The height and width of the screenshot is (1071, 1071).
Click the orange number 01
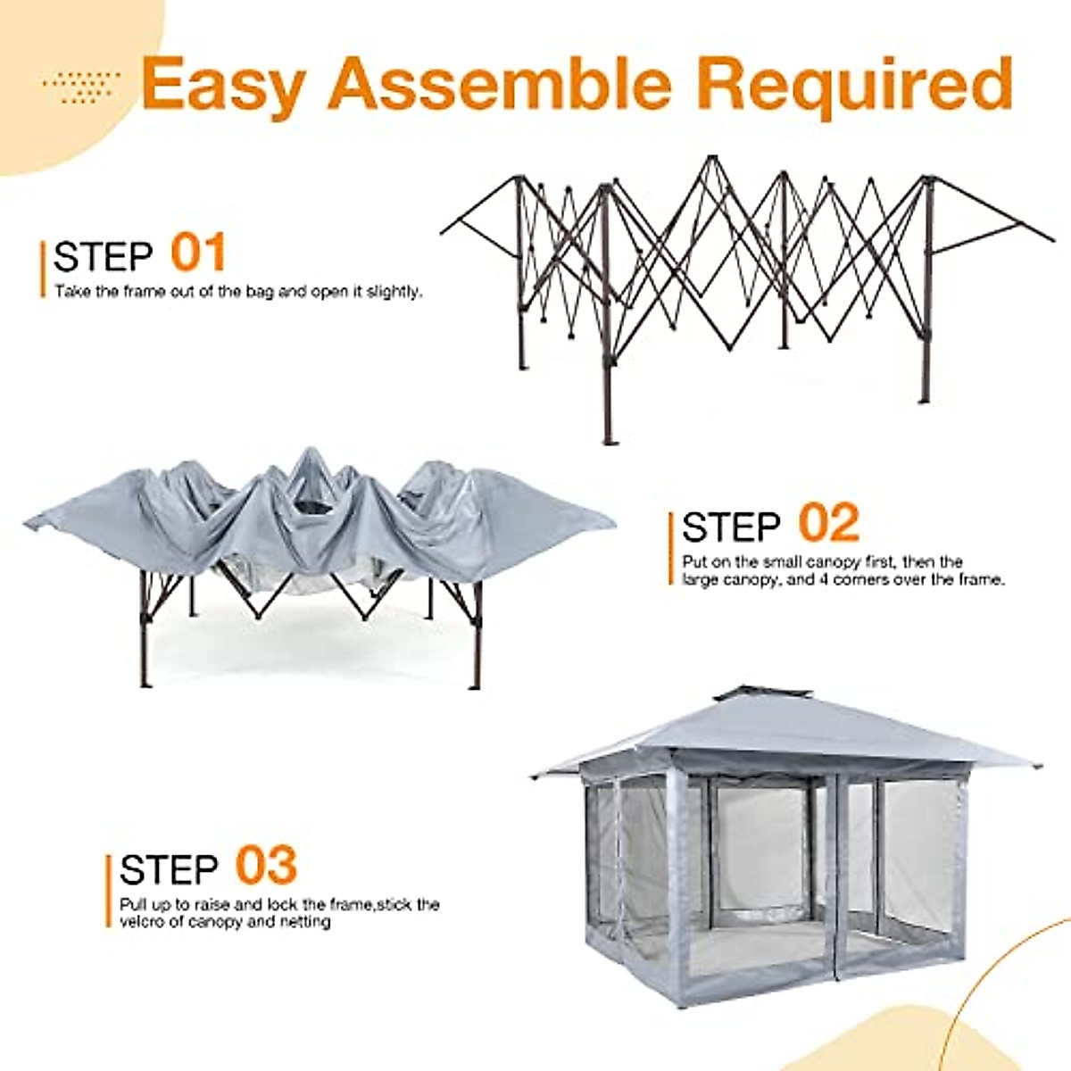pyautogui.click(x=198, y=253)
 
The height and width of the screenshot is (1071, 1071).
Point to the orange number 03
pyautogui.click(x=266, y=865)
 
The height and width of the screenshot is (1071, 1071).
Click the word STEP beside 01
pyautogui.click(x=104, y=257)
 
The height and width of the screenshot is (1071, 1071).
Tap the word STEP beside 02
pyautogui.click(x=732, y=527)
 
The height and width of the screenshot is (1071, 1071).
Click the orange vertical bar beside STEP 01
pyautogui.click(x=43, y=268)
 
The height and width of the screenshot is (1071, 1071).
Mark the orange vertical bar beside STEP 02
pyautogui.click(x=671, y=548)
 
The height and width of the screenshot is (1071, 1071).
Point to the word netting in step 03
pyautogui.click(x=304, y=921)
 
